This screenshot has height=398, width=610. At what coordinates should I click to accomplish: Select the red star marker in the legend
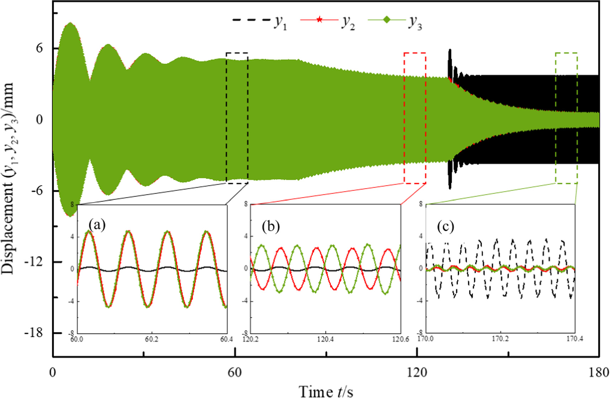click(319, 20)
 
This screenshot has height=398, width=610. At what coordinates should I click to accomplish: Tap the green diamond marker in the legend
click(386, 20)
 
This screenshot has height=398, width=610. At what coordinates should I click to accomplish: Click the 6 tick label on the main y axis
click(39, 48)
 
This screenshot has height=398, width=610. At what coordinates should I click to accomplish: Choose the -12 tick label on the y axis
click(34, 262)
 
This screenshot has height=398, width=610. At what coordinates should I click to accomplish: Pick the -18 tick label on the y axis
click(34, 333)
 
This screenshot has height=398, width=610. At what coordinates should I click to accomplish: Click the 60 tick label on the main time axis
click(235, 372)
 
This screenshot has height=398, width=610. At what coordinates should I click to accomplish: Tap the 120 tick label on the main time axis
click(417, 372)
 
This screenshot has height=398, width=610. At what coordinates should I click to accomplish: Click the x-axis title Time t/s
click(326, 391)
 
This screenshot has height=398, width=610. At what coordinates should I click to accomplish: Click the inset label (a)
click(97, 225)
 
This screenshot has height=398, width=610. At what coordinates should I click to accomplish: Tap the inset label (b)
click(271, 226)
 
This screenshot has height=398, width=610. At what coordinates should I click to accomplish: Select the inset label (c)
click(446, 226)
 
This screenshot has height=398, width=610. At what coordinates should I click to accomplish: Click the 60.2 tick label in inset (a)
click(151, 339)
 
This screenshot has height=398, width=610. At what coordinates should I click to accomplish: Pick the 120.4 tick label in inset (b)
click(325, 339)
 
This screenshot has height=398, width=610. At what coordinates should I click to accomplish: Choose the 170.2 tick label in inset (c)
click(500, 339)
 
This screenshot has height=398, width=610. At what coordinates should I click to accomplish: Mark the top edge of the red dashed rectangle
click(415, 53)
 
